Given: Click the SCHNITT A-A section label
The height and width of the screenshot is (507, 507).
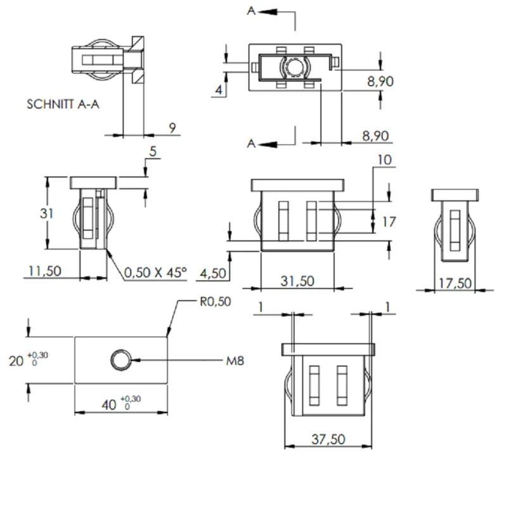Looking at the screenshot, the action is point(63,104).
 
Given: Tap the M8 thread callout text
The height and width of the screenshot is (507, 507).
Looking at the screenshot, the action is point(235,361).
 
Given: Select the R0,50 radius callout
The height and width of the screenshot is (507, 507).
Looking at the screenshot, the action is point(215,302).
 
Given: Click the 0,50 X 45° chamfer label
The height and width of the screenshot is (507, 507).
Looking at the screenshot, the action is point(155,273).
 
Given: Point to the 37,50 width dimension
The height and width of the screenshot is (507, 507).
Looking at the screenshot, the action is point(328,439).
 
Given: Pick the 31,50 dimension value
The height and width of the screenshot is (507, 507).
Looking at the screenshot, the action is point(297,281).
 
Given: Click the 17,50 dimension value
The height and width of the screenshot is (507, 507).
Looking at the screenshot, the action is point(455,283).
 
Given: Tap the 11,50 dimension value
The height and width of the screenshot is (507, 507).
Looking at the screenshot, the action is point(44,271).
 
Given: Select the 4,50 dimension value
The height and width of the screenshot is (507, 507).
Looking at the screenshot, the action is point(213,274).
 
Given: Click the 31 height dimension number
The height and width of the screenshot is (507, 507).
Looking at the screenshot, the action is point(46,214).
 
